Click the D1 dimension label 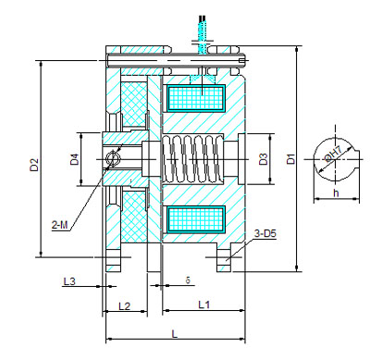(x=290, y=158)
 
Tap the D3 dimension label (x=263, y=159)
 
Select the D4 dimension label (x=74, y=159)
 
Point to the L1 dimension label (x=203, y=304)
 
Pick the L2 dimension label (x=125, y=306)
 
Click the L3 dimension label (x=69, y=281)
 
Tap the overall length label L (x=175, y=334)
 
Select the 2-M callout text (x=59, y=225)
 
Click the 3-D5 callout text (x=265, y=233)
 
